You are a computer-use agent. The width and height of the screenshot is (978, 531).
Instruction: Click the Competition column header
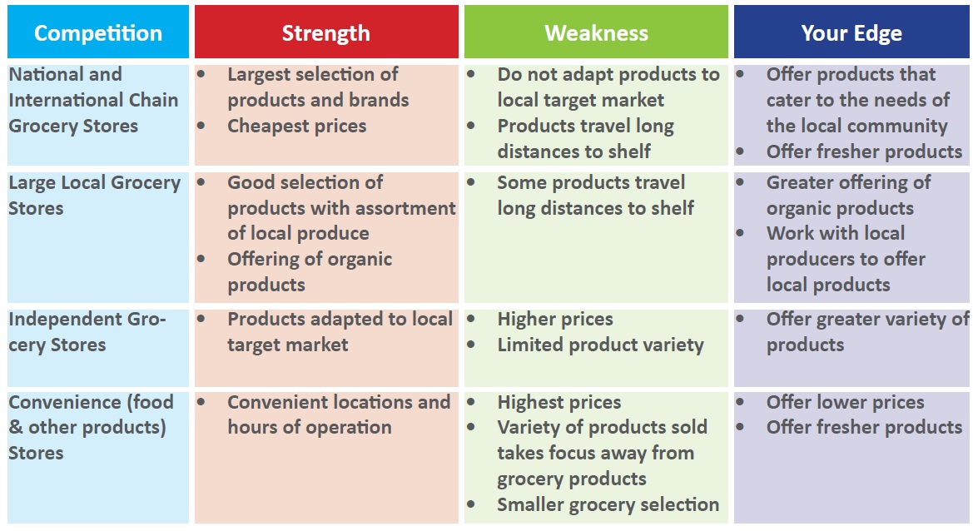pos(98,32)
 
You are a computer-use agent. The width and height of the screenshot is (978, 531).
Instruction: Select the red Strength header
pos(326,32)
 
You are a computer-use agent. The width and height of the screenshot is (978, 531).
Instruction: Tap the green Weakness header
pos(596,32)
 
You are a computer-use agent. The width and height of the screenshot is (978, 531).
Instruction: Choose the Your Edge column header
pos(851,32)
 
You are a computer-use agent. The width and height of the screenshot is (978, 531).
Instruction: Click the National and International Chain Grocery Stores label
pos(93,100)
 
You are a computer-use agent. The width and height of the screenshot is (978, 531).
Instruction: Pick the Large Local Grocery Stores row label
pos(94,196)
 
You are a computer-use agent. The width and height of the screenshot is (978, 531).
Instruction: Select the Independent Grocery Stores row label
pos(87,332)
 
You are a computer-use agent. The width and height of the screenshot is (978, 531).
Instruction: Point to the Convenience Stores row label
pos(91,428)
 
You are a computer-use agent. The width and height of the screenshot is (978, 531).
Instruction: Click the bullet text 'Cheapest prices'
pos(297,126)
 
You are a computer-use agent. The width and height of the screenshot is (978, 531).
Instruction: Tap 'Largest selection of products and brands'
pos(318,87)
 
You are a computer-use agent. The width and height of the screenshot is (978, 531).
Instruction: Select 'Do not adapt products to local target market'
pos(608,87)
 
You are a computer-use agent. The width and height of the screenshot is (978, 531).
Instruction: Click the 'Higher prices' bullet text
pos(555,320)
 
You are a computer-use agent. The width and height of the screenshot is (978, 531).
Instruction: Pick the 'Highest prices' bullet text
pos(559,403)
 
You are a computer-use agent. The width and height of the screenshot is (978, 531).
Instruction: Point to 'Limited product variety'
pos(600,345)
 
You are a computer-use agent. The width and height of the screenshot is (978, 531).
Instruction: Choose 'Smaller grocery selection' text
pos(608,504)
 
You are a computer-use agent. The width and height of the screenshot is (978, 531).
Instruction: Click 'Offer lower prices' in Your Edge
pos(845,403)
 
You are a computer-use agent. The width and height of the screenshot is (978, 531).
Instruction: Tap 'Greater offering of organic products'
pos(848,196)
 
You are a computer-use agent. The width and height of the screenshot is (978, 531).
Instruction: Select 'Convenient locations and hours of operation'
pos(339,415)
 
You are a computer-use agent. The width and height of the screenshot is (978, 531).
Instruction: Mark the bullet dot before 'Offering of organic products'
pos(201,258)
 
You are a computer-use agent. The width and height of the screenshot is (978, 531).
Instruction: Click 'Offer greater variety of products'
pos(867,332)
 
